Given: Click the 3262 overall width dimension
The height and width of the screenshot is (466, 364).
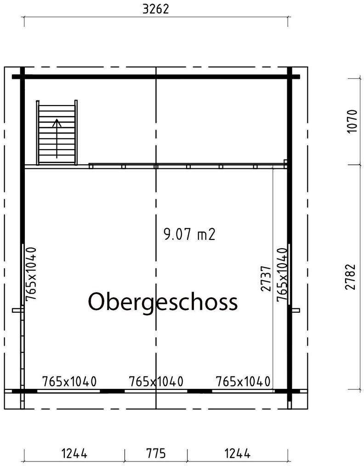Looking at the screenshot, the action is pos(155,9).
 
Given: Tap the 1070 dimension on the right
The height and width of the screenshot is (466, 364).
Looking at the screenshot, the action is pos(352,121).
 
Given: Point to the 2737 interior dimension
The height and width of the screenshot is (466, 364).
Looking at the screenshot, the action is pos(266,278).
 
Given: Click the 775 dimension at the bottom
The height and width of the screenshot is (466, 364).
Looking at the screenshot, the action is pos(156,454).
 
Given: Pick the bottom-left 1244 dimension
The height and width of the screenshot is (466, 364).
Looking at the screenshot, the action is pos(74,454).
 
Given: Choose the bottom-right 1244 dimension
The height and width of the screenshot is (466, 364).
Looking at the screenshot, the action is pos(237,454).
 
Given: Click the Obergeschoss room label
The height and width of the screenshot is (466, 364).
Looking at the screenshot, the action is pos(163,302).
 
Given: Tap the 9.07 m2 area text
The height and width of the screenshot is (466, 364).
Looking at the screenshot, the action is pos(189,234).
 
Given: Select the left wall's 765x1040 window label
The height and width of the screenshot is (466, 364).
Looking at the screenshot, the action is pos(31,274).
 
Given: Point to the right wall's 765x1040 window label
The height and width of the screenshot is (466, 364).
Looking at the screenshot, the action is pos(282,275).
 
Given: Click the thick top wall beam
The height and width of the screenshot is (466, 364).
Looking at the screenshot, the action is pos(156,77).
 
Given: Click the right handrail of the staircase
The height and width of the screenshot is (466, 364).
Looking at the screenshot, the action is pos(76,132).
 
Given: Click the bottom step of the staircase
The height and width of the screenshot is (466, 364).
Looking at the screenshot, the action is pos(57,160).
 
